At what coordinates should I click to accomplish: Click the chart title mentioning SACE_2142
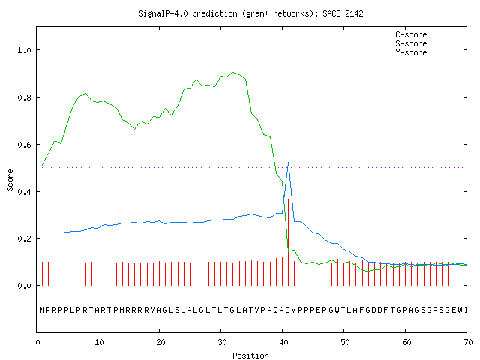tap(250, 13)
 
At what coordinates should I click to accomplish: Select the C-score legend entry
tap(427, 34)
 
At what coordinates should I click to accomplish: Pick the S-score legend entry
tap(427, 43)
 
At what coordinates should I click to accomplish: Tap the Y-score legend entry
tap(427, 52)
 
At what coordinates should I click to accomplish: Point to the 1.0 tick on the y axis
tap(24, 50)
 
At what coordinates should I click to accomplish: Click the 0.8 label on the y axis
tap(24, 97)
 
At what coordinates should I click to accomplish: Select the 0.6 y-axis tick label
tap(24, 145)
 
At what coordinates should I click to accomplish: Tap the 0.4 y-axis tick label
tap(24, 192)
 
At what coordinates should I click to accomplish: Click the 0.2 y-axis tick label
tap(24, 238)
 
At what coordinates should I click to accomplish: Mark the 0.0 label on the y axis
tap(24, 286)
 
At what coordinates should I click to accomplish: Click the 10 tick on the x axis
tap(99, 342)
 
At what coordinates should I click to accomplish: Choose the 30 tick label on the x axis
tap(222, 342)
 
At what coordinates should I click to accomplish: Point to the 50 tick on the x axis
tap(345, 342)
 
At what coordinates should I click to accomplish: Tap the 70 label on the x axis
tap(468, 342)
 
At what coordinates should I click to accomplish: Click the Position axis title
tap(250, 355)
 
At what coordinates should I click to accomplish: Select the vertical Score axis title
tap(10, 180)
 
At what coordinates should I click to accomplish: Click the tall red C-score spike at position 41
tap(288, 242)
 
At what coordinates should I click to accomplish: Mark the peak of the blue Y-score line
tap(288, 163)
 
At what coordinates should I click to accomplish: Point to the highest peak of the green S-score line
tap(233, 73)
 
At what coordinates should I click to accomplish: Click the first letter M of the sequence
tap(42, 310)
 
